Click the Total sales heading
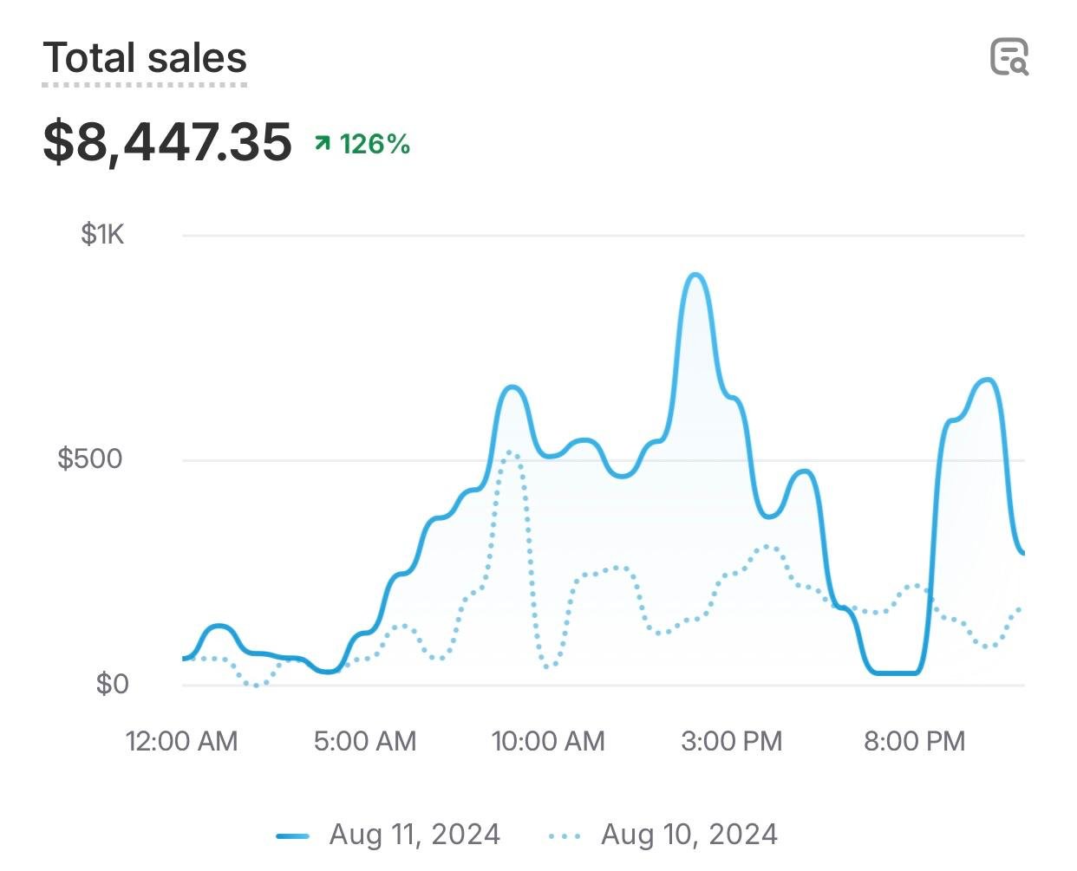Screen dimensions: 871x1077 (x=145, y=59)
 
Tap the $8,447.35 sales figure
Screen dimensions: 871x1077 (x=167, y=142)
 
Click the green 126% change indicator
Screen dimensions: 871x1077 (x=374, y=144)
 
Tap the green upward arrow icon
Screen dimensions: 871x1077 (x=323, y=143)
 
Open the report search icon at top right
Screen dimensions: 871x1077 (x=1009, y=57)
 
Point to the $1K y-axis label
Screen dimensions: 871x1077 (x=102, y=234)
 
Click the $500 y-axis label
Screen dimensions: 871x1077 (x=90, y=458)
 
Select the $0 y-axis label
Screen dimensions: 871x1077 (x=112, y=684)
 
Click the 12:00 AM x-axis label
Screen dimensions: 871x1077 (x=181, y=741)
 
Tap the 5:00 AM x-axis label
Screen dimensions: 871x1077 (x=365, y=741)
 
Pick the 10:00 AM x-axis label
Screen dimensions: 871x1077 (x=548, y=741)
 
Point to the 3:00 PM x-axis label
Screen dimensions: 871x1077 (x=732, y=741)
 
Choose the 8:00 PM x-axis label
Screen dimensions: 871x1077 (x=915, y=741)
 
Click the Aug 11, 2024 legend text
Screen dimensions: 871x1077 (x=414, y=835)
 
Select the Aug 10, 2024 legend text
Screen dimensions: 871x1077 (x=689, y=835)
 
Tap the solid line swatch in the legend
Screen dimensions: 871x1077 (x=292, y=836)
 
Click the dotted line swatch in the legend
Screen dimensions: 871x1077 (x=565, y=836)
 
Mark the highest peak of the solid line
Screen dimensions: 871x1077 (x=696, y=276)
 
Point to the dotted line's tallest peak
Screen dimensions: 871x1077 (x=511, y=452)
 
